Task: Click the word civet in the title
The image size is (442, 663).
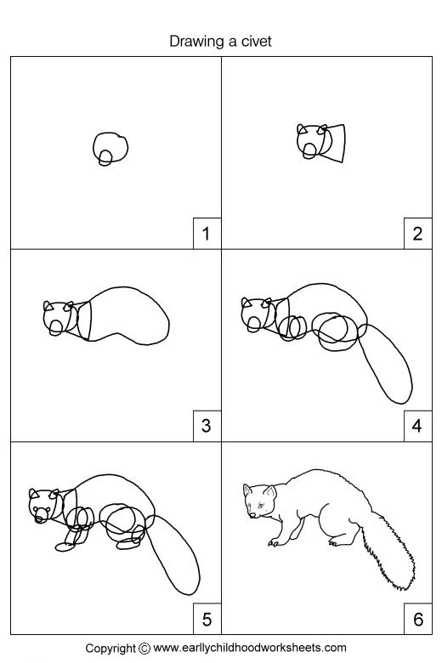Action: (x=257, y=42)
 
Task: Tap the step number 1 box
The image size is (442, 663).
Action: (x=207, y=234)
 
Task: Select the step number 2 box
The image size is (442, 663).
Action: (x=418, y=234)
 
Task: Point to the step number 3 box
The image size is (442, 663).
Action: (x=207, y=426)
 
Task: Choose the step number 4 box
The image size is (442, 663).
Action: (x=418, y=426)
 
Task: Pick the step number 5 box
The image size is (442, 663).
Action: (x=207, y=619)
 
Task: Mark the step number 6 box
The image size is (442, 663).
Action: (x=418, y=619)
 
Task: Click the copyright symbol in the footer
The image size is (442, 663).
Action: (x=144, y=649)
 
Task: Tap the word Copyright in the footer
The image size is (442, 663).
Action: (x=110, y=649)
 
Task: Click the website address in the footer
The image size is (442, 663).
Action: (x=250, y=648)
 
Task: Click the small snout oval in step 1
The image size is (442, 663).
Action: (x=105, y=158)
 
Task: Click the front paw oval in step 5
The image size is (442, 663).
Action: (x=65, y=547)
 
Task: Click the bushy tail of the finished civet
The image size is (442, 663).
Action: (x=389, y=550)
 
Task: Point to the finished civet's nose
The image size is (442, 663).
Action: (x=252, y=515)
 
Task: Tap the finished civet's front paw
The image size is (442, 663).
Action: (x=273, y=542)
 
